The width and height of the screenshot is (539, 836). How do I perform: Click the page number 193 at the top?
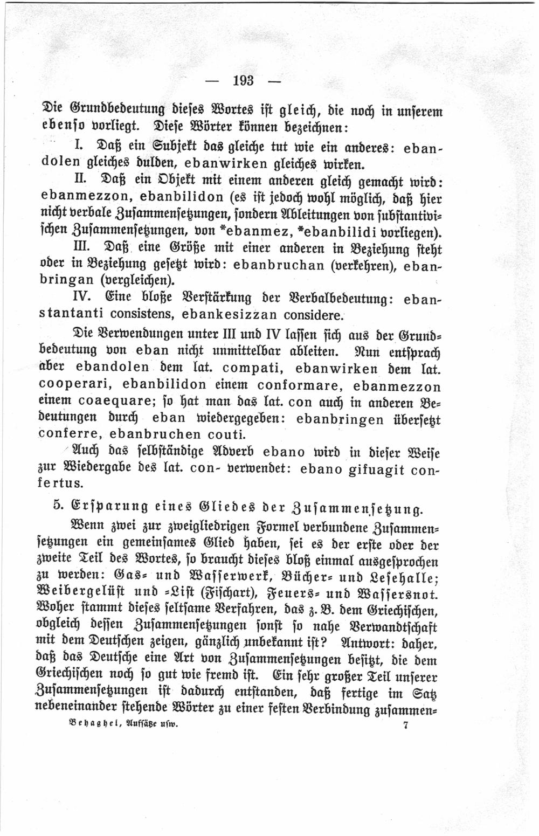[243, 81]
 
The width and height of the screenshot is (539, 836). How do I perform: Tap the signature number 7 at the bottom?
[405, 725]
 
